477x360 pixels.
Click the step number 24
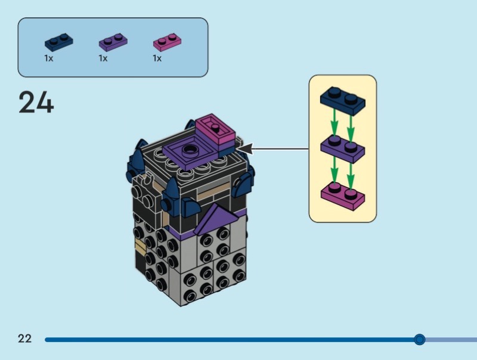coord(36,102)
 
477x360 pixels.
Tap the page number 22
coord(24,339)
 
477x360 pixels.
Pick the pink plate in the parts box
coord(168,42)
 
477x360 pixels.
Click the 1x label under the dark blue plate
coord(49,58)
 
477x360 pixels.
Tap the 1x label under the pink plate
coord(157,58)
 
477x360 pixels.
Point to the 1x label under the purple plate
coord(103,58)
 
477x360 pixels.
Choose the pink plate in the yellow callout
coord(343,194)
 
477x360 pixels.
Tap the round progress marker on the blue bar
coord(419,340)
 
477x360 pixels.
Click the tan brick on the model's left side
coord(140,246)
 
